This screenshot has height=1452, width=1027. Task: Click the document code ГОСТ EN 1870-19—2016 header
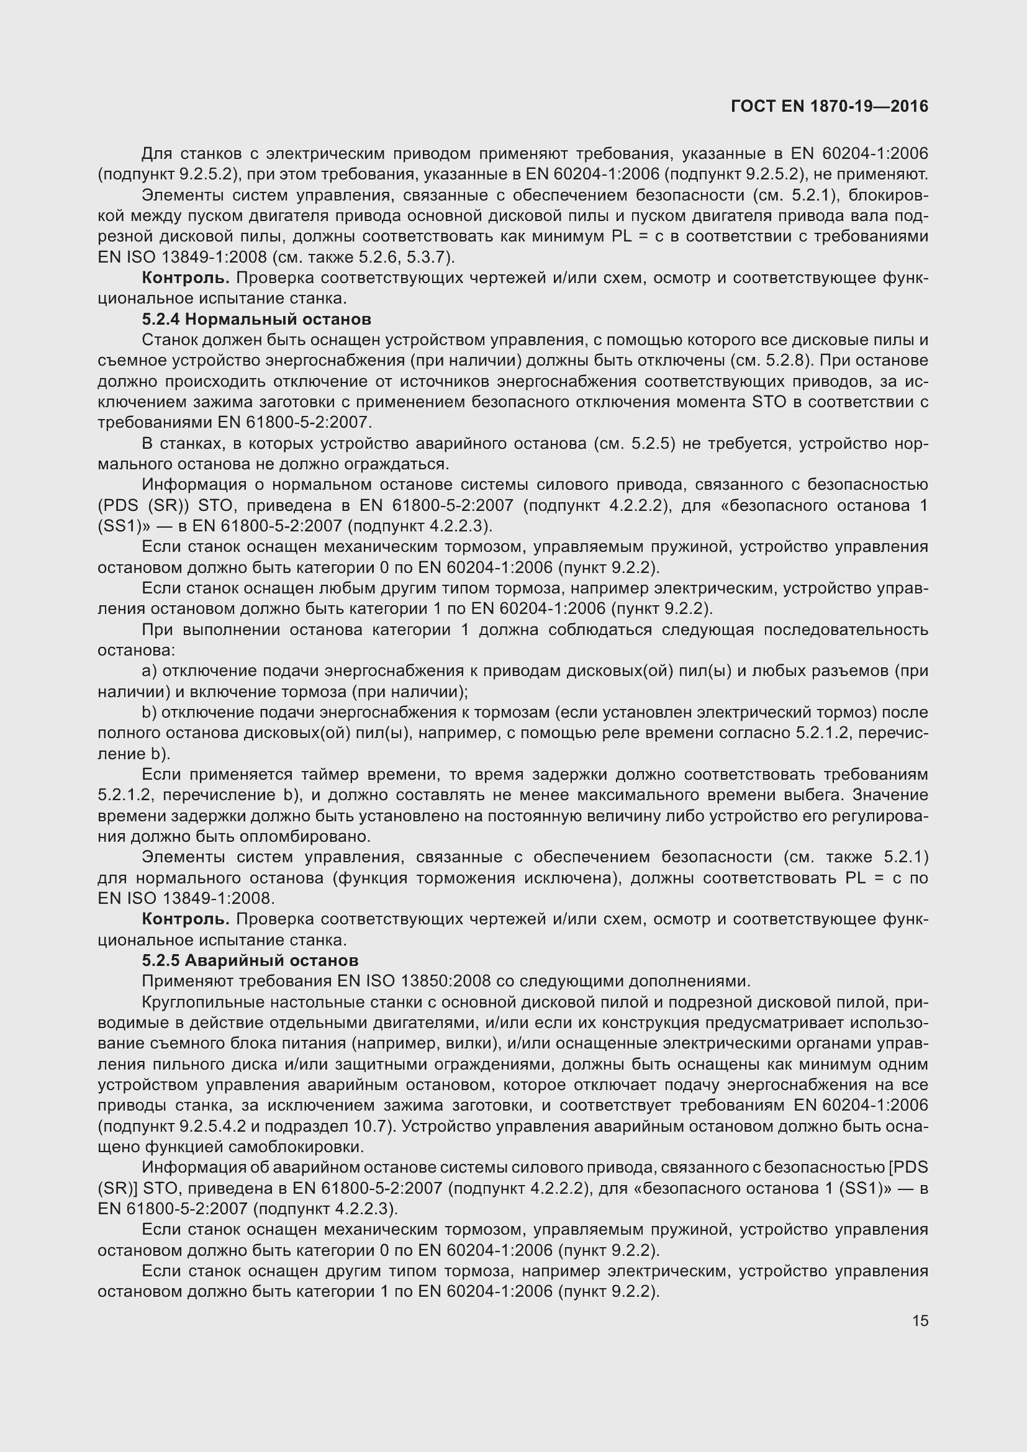click(x=829, y=106)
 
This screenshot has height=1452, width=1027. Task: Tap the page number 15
click(x=920, y=1320)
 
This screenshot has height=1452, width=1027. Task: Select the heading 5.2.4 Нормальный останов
click(x=256, y=319)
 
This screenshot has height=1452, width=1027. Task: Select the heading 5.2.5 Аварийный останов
click(x=250, y=960)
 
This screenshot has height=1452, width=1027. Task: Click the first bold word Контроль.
click(x=186, y=278)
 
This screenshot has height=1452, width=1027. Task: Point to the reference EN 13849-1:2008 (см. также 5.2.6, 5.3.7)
click(x=276, y=258)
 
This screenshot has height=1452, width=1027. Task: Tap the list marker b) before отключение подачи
click(x=149, y=712)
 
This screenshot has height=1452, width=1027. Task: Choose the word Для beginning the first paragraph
click(x=156, y=154)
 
